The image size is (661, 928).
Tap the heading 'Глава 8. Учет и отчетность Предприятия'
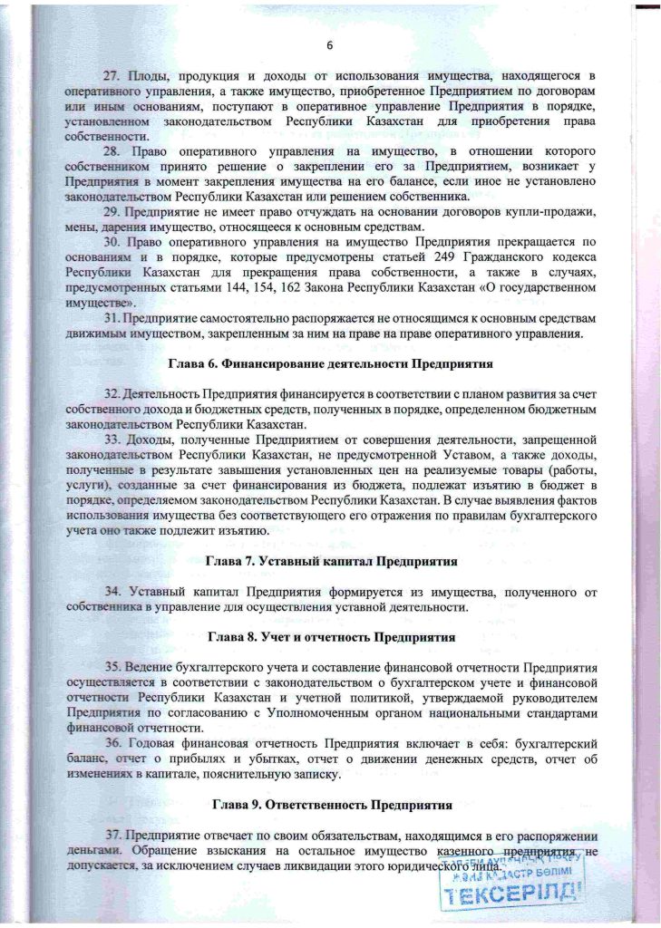click(330, 637)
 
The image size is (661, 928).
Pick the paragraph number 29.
click(111, 211)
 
